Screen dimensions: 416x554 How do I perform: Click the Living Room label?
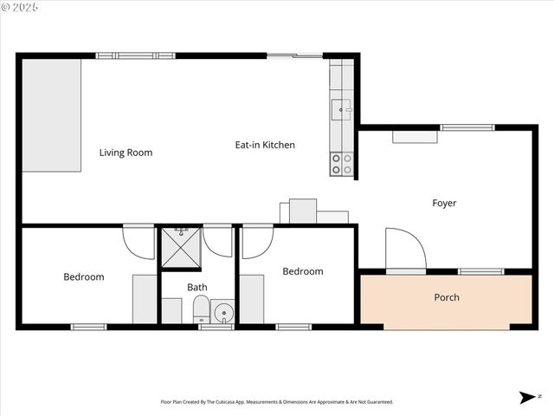pos(126,153)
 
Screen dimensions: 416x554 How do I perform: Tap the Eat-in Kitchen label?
pos(265,145)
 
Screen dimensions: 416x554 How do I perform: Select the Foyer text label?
pos(444,203)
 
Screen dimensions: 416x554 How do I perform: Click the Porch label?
pos(447,297)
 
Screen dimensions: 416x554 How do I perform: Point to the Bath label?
pos(197,287)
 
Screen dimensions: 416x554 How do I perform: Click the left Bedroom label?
pos(83,277)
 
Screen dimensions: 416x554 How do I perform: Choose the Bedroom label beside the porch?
pos(303,271)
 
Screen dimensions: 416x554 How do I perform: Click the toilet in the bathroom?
pos(201,309)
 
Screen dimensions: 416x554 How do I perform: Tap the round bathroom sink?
pos(223,312)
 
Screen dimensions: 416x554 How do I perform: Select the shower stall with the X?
pos(181,248)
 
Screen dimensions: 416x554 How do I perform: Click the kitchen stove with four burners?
pos(342,164)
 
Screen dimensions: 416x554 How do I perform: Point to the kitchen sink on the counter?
pos(342,110)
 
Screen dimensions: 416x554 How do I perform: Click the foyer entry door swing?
pos(405,250)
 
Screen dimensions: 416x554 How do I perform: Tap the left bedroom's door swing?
pos(139,241)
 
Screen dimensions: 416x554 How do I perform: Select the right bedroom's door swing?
pos(257,241)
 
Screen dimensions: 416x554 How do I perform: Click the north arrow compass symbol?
pos(527,397)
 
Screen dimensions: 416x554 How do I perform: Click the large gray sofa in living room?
pos(51,115)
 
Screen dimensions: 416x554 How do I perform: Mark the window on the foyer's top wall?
pos(467,128)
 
